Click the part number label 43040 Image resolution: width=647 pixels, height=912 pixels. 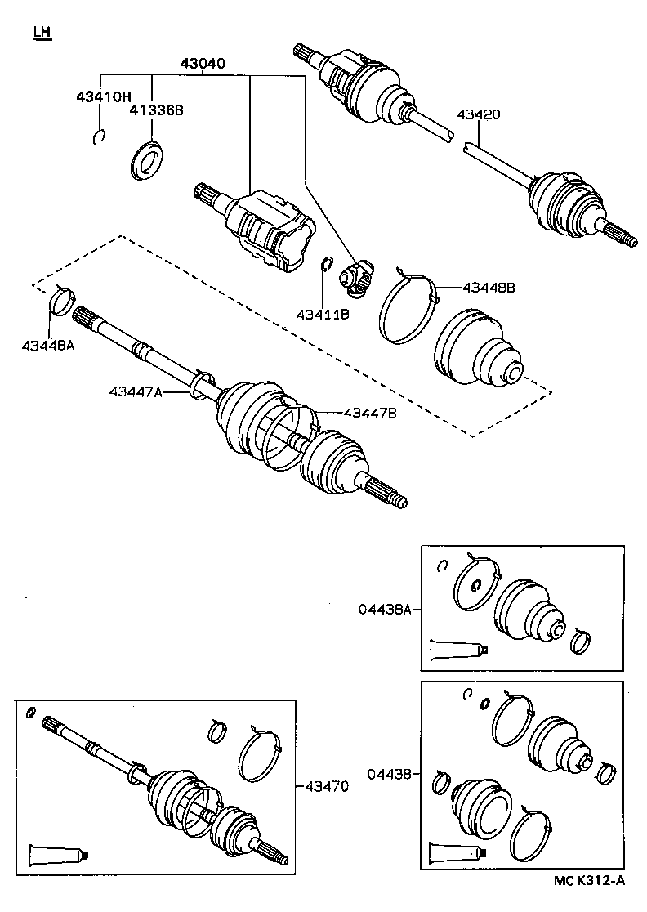pyautogui.click(x=203, y=64)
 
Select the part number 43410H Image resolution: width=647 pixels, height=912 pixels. pyautogui.click(x=104, y=96)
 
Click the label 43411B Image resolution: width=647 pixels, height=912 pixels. pyautogui.click(x=323, y=314)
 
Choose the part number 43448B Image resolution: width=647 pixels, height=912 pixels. pyautogui.click(x=489, y=287)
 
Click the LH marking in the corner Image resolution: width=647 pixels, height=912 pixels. pyautogui.click(x=42, y=33)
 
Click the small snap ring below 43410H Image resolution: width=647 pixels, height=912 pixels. pyautogui.click(x=99, y=136)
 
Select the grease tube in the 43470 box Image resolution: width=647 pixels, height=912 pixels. pyautogui.click(x=56, y=855)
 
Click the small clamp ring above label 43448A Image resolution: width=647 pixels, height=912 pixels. pyautogui.click(x=61, y=300)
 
